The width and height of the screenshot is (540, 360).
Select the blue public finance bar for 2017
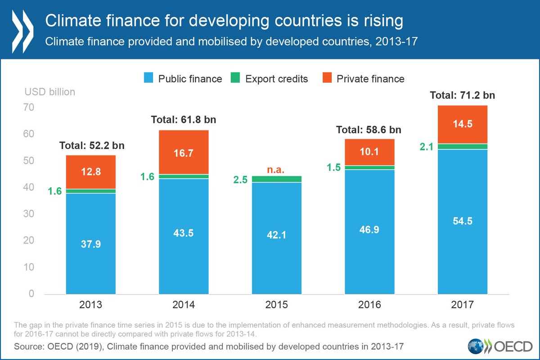coord(463,221)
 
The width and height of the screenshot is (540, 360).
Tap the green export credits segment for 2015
coord(276,179)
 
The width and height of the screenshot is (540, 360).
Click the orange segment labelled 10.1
coord(369,152)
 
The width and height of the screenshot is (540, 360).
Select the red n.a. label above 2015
coord(276,170)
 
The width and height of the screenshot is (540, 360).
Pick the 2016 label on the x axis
coord(369,305)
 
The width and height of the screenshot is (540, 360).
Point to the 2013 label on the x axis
coord(91,305)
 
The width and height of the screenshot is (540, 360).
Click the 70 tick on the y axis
coord(30,108)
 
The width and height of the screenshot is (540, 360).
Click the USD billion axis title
coord(49,92)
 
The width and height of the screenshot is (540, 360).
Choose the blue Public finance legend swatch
coord(148,79)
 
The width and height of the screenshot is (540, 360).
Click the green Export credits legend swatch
coord(235,79)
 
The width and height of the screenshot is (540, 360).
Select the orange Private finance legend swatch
coord(327,79)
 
